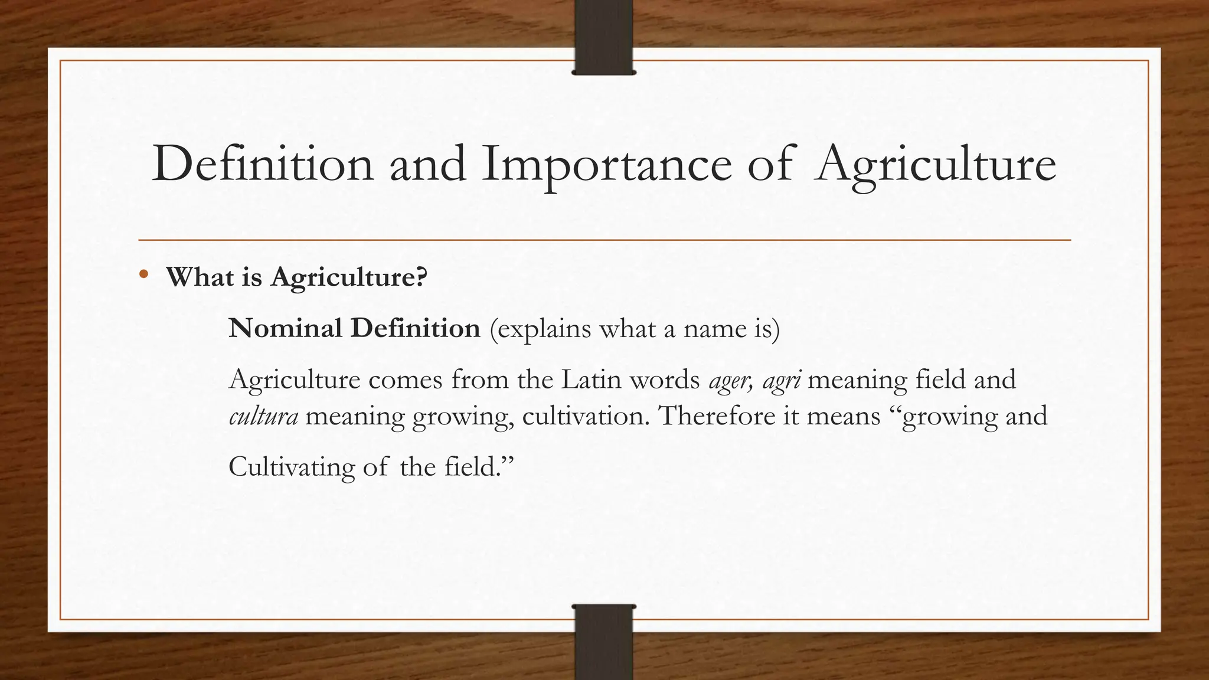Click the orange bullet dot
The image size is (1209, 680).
click(143, 274)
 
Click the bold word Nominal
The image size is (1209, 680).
click(285, 328)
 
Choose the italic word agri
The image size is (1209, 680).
click(782, 380)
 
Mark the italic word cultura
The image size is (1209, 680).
click(263, 416)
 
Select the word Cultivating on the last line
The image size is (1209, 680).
click(291, 467)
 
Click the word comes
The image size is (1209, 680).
click(405, 380)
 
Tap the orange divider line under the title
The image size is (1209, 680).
click(604, 240)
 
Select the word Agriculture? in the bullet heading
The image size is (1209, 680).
click(348, 277)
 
